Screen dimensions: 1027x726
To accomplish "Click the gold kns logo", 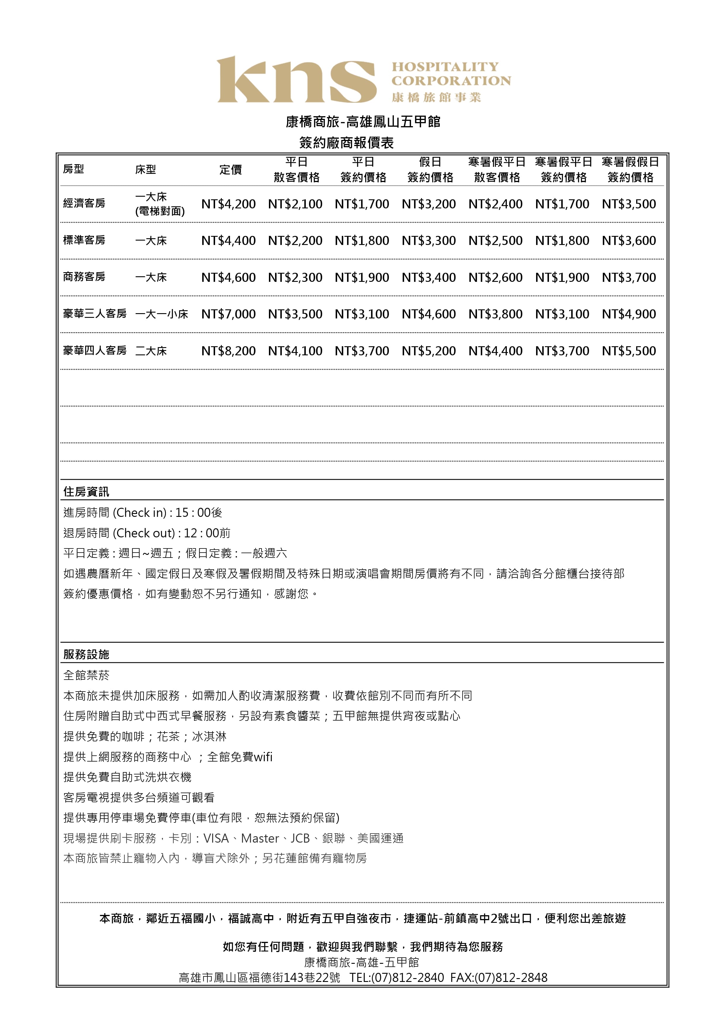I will pos(296,80).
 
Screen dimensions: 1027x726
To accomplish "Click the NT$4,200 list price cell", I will pos(228,204).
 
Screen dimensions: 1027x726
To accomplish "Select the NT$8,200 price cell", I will pos(228,351).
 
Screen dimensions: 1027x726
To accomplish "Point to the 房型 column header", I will pos(73,169).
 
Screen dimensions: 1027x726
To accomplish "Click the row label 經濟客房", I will pos(84,203).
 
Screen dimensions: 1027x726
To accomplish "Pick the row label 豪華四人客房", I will pos(95,351).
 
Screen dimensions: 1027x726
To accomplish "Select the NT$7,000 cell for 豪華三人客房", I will pos(228,314).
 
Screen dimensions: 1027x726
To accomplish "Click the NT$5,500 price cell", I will pos(629,351).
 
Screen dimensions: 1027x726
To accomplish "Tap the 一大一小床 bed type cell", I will pos(162,314).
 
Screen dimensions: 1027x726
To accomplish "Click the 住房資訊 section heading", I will pos(86,492).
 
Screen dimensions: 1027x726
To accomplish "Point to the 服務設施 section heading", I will pos(86,654).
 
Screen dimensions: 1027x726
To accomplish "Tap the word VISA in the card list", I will pos(216,838).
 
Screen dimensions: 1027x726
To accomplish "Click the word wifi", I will pos(263,757).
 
